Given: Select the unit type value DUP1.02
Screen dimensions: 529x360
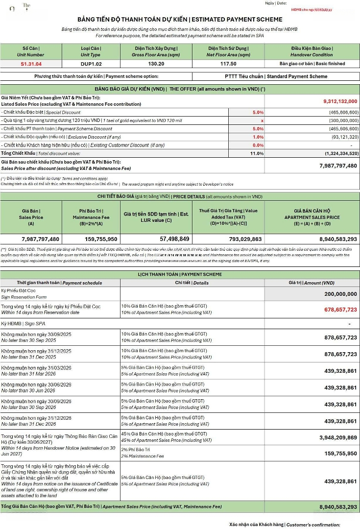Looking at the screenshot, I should [91, 64].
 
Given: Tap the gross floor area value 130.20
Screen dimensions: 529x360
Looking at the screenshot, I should [156, 64].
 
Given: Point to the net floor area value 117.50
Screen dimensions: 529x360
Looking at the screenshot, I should [228, 64].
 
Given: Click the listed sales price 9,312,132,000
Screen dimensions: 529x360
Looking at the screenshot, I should [340, 101].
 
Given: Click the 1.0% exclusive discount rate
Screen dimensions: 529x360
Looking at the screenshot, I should [258, 137].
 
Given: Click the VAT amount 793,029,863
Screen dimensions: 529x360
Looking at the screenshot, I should [228, 239].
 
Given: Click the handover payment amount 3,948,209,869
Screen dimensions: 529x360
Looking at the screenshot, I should [338, 437].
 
